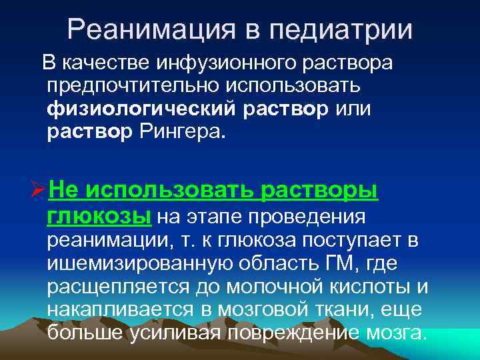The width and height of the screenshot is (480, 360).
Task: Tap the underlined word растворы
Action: pyautogui.click(x=319, y=191)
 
